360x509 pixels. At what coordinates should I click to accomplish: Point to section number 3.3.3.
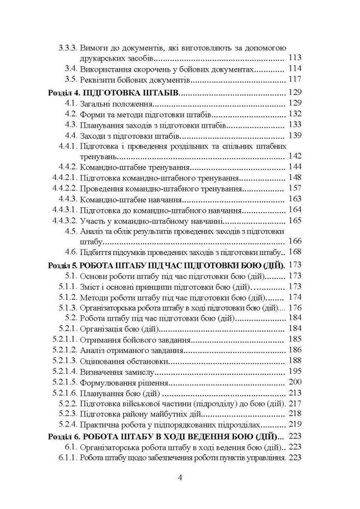tap(67, 48)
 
